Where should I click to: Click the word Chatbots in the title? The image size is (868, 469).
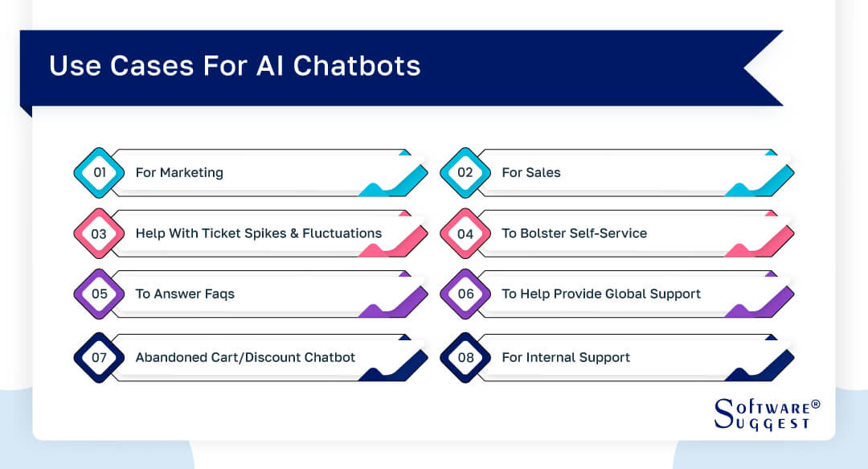click(356, 66)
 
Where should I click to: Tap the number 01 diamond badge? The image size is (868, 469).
click(99, 172)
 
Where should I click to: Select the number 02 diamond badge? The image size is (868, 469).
click(465, 172)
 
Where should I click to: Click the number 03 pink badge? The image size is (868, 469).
click(99, 233)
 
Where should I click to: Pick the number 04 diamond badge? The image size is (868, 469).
click(465, 233)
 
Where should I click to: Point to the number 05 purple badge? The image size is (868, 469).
click(99, 294)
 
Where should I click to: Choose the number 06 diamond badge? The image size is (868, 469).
click(465, 294)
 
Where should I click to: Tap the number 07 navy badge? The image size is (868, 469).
click(99, 357)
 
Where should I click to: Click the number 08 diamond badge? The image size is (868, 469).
click(465, 357)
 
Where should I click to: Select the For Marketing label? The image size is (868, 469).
click(179, 172)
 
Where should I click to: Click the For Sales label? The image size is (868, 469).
click(531, 172)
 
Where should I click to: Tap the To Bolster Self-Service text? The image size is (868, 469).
click(574, 233)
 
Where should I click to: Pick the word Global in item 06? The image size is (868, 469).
click(628, 294)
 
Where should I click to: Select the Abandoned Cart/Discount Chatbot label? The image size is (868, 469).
click(245, 357)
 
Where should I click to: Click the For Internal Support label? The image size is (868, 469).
click(566, 357)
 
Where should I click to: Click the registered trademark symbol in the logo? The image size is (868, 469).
click(815, 404)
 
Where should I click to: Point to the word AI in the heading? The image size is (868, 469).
click(270, 66)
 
